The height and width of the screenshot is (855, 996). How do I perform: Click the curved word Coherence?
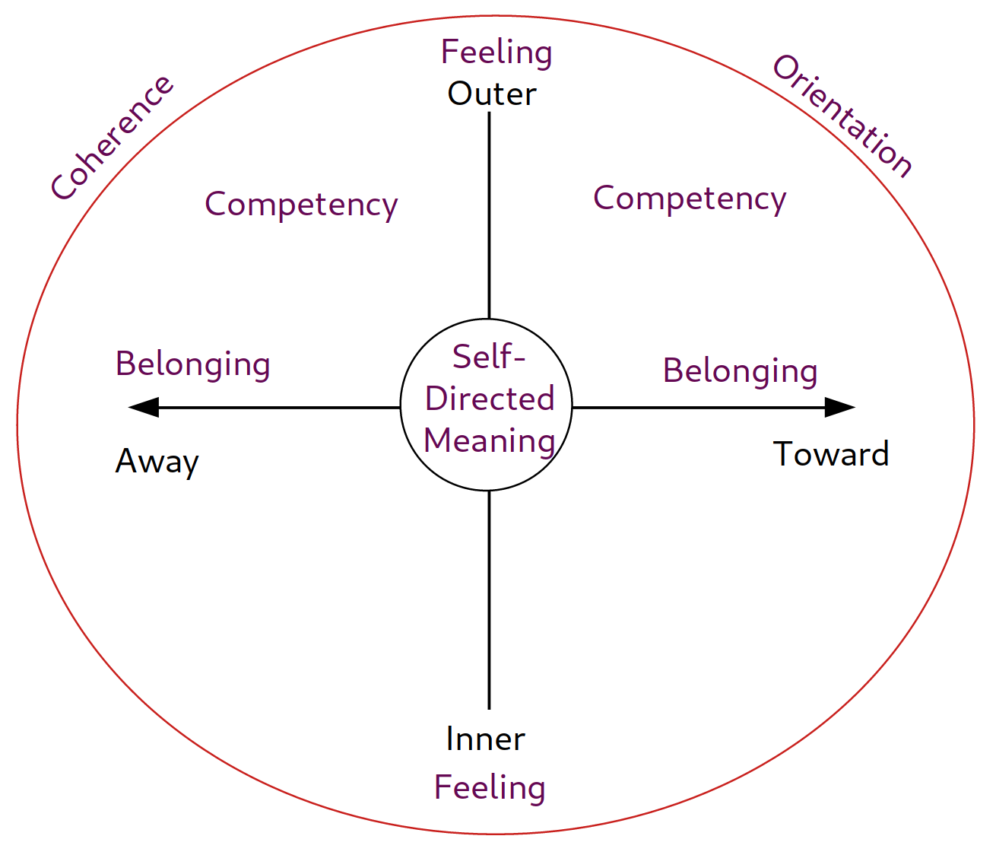pos(113,138)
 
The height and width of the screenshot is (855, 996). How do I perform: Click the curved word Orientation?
pos(842,116)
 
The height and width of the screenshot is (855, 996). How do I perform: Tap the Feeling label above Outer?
pos(496,52)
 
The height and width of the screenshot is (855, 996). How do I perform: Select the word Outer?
pos(492,94)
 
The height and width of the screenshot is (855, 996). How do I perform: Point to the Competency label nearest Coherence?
pos(301,205)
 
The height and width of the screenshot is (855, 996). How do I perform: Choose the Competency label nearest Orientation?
pos(690,199)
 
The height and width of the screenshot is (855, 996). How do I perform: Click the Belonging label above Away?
pos(192,364)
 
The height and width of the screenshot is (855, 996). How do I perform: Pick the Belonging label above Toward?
pos(740,371)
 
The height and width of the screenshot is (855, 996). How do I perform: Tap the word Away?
pos(157,462)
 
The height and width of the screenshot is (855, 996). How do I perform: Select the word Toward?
pos(831,455)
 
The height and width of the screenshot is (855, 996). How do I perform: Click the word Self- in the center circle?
pos(489,357)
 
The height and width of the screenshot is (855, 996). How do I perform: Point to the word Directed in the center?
pos(490,399)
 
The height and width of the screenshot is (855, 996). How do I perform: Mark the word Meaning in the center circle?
pos(490,440)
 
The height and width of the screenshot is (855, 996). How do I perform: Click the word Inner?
pos(485,739)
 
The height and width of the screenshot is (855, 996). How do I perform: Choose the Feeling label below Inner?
pos(490,787)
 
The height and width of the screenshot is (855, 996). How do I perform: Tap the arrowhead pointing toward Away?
pos(143,408)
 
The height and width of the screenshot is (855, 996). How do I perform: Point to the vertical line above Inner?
pos(489,601)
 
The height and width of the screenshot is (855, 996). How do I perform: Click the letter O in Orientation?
pos(786,69)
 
